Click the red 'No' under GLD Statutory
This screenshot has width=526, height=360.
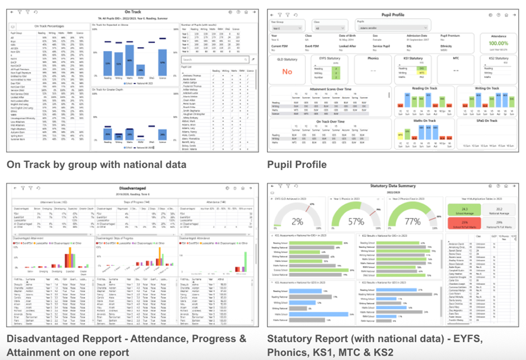287,72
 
